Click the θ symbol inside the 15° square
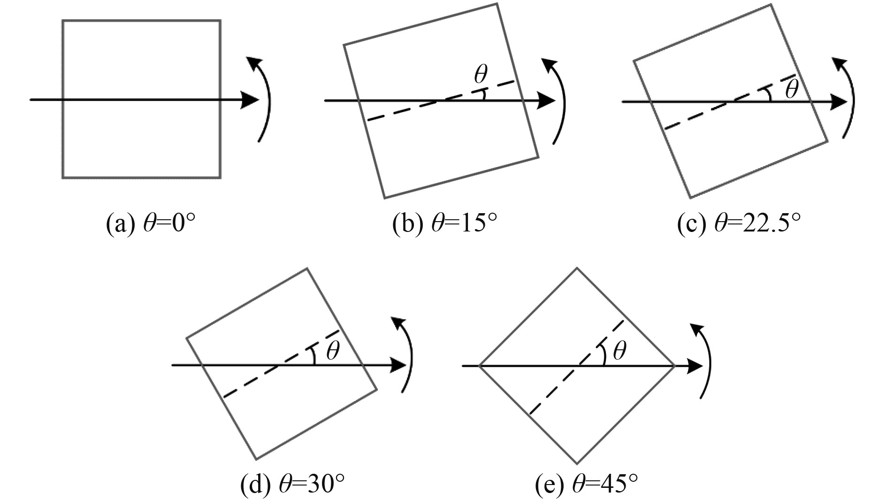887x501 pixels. pos(480,74)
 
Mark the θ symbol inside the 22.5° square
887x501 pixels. pos(791,89)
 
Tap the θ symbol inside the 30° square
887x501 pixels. pos(332,351)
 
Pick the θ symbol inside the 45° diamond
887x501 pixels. pos(619,350)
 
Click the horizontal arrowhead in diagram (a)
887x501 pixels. pos(250,100)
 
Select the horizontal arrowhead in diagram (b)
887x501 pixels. pos(546,100)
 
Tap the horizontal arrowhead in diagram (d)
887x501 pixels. pos(398,365)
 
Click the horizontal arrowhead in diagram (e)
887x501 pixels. pos(694,366)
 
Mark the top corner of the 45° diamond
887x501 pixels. pos(577,269)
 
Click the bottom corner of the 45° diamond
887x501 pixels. pos(577,463)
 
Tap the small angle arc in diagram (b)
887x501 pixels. pos(483,96)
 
